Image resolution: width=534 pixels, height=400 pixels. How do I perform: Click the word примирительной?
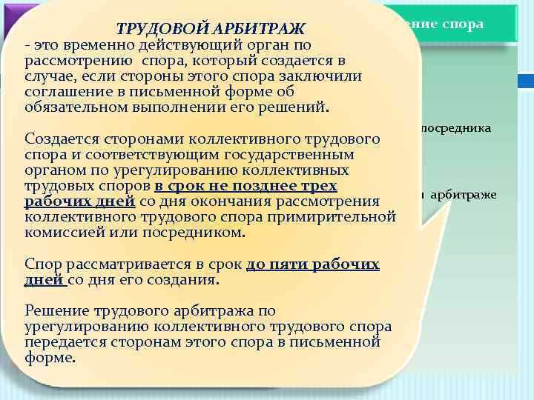coord(335,217)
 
